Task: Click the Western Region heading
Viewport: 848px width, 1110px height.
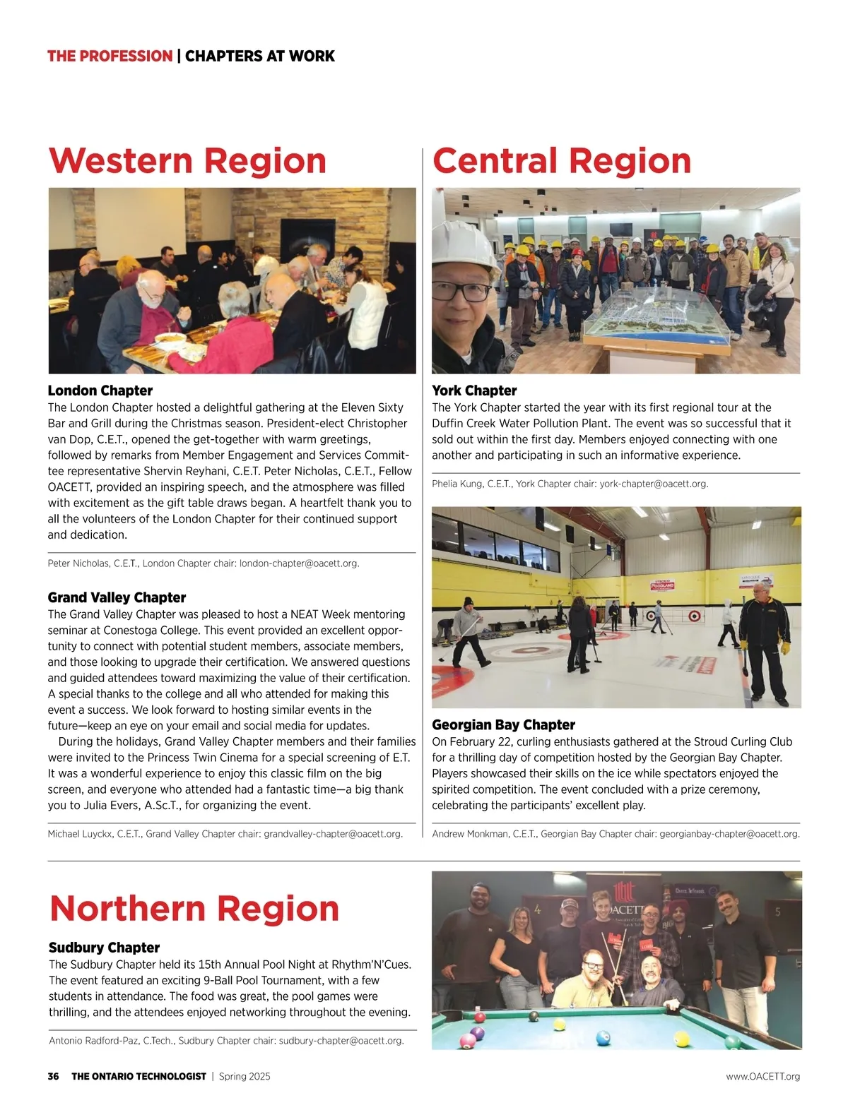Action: [x=187, y=161]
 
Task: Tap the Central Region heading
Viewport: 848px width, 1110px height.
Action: [x=562, y=161]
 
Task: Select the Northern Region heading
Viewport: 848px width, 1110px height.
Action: [x=194, y=909]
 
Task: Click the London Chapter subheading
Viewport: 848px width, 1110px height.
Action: [x=100, y=390]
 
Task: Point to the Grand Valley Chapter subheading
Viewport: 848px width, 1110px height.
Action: [x=117, y=597]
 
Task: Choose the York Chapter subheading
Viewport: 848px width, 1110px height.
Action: [x=474, y=390]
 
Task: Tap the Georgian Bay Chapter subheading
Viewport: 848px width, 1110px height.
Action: [x=503, y=724]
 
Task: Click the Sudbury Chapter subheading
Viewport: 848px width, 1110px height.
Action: [x=104, y=948]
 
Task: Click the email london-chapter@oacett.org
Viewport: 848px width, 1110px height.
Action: [x=299, y=563]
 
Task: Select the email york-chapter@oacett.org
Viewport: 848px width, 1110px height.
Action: [x=653, y=484]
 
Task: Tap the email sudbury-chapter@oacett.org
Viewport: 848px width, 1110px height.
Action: [x=341, y=1041]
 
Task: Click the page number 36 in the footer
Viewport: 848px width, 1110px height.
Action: [x=54, y=1076]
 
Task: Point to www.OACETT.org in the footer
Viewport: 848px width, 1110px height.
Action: [x=762, y=1076]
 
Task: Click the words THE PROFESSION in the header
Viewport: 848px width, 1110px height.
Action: [x=110, y=56]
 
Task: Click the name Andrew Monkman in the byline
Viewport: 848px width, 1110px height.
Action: [x=470, y=834]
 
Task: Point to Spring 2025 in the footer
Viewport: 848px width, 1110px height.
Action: [x=245, y=1076]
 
